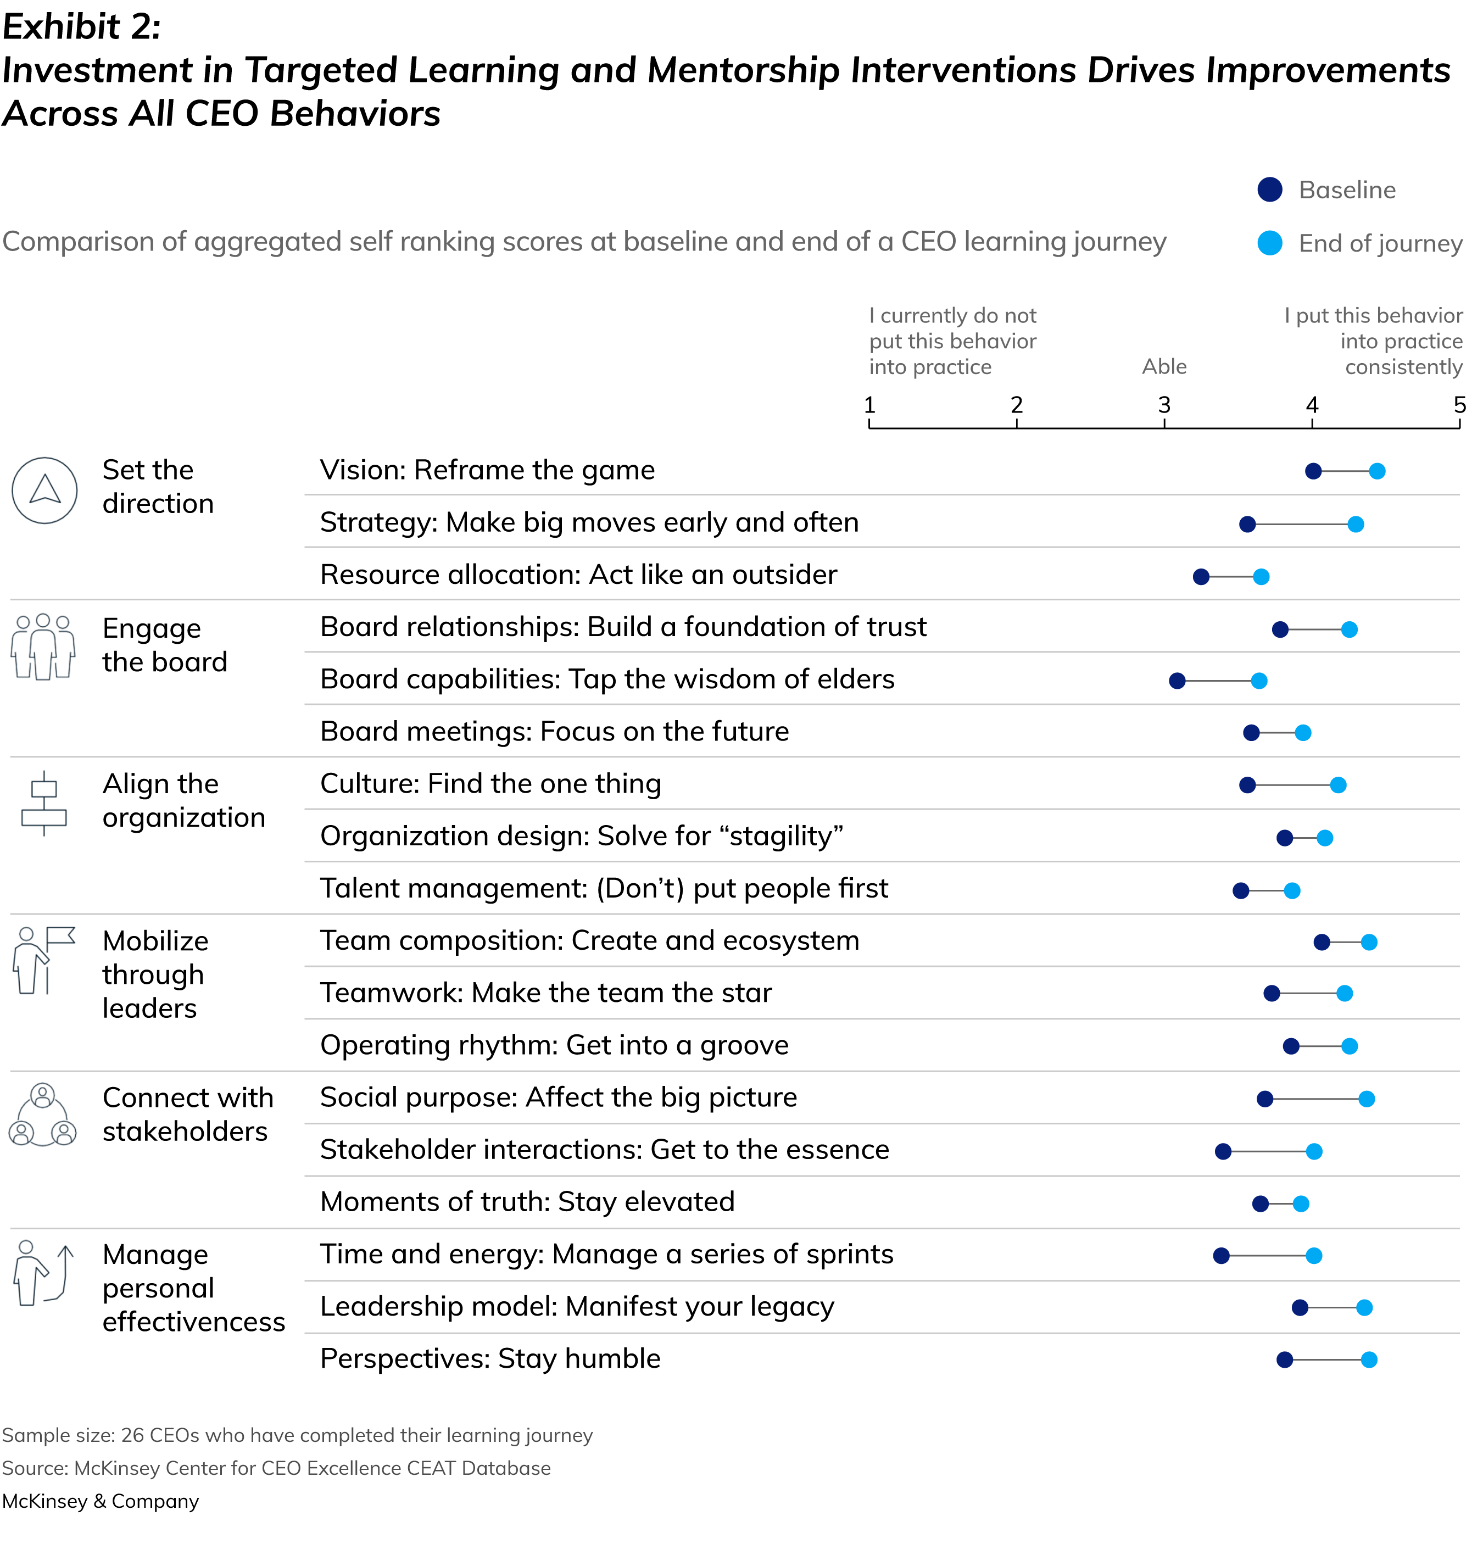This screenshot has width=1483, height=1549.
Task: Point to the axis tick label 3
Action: pyautogui.click(x=1164, y=405)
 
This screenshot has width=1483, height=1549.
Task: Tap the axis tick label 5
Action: pyautogui.click(x=1459, y=405)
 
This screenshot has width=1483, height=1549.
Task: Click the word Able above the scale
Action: pyautogui.click(x=1164, y=367)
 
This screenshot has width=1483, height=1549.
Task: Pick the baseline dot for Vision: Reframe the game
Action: pyautogui.click(x=1313, y=472)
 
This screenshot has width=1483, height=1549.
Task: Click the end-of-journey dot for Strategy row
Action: pyautogui.click(x=1356, y=524)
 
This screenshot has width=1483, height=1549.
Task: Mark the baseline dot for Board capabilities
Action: pyautogui.click(x=1177, y=681)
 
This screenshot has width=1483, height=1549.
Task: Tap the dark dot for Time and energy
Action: pyautogui.click(x=1222, y=1256)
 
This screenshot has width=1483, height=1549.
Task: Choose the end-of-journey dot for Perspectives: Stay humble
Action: pyautogui.click(x=1369, y=1360)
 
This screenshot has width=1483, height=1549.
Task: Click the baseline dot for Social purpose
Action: pyautogui.click(x=1265, y=1099)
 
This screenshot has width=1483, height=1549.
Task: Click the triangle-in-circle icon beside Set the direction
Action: pyautogui.click(x=45, y=491)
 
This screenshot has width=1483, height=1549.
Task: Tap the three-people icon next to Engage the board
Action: pyautogui.click(x=43, y=647)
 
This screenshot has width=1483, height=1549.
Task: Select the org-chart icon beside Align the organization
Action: pyautogui.click(x=43, y=803)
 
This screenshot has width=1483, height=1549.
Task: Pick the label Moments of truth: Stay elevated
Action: pyautogui.click(x=527, y=1202)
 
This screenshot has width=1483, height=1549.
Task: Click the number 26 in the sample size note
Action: pyautogui.click(x=132, y=1435)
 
